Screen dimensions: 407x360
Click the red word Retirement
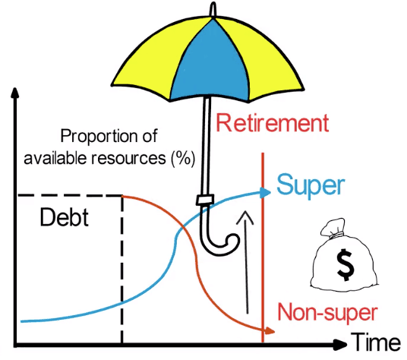pyautogui.click(x=273, y=123)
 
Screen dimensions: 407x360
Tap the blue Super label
pyautogui.click(x=311, y=186)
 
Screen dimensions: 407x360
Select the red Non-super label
pyautogui.click(x=327, y=312)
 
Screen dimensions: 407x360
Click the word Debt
pyautogui.click(x=65, y=217)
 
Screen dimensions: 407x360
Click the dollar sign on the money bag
pyautogui.click(x=345, y=264)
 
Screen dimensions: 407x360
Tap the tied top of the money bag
pyautogui.click(x=333, y=228)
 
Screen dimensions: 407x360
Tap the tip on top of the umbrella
pyautogui.click(x=213, y=9)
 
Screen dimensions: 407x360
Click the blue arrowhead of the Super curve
pyautogui.click(x=265, y=193)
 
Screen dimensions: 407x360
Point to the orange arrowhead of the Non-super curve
pyautogui.click(x=270, y=331)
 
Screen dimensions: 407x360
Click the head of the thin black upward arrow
pyautogui.click(x=245, y=217)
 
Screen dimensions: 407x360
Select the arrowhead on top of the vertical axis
pyautogui.click(x=15, y=93)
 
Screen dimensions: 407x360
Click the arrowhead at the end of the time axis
pyautogui.click(x=340, y=345)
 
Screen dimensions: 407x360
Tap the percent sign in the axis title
pyautogui.click(x=183, y=158)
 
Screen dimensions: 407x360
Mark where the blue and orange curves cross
pyautogui.click(x=185, y=228)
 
